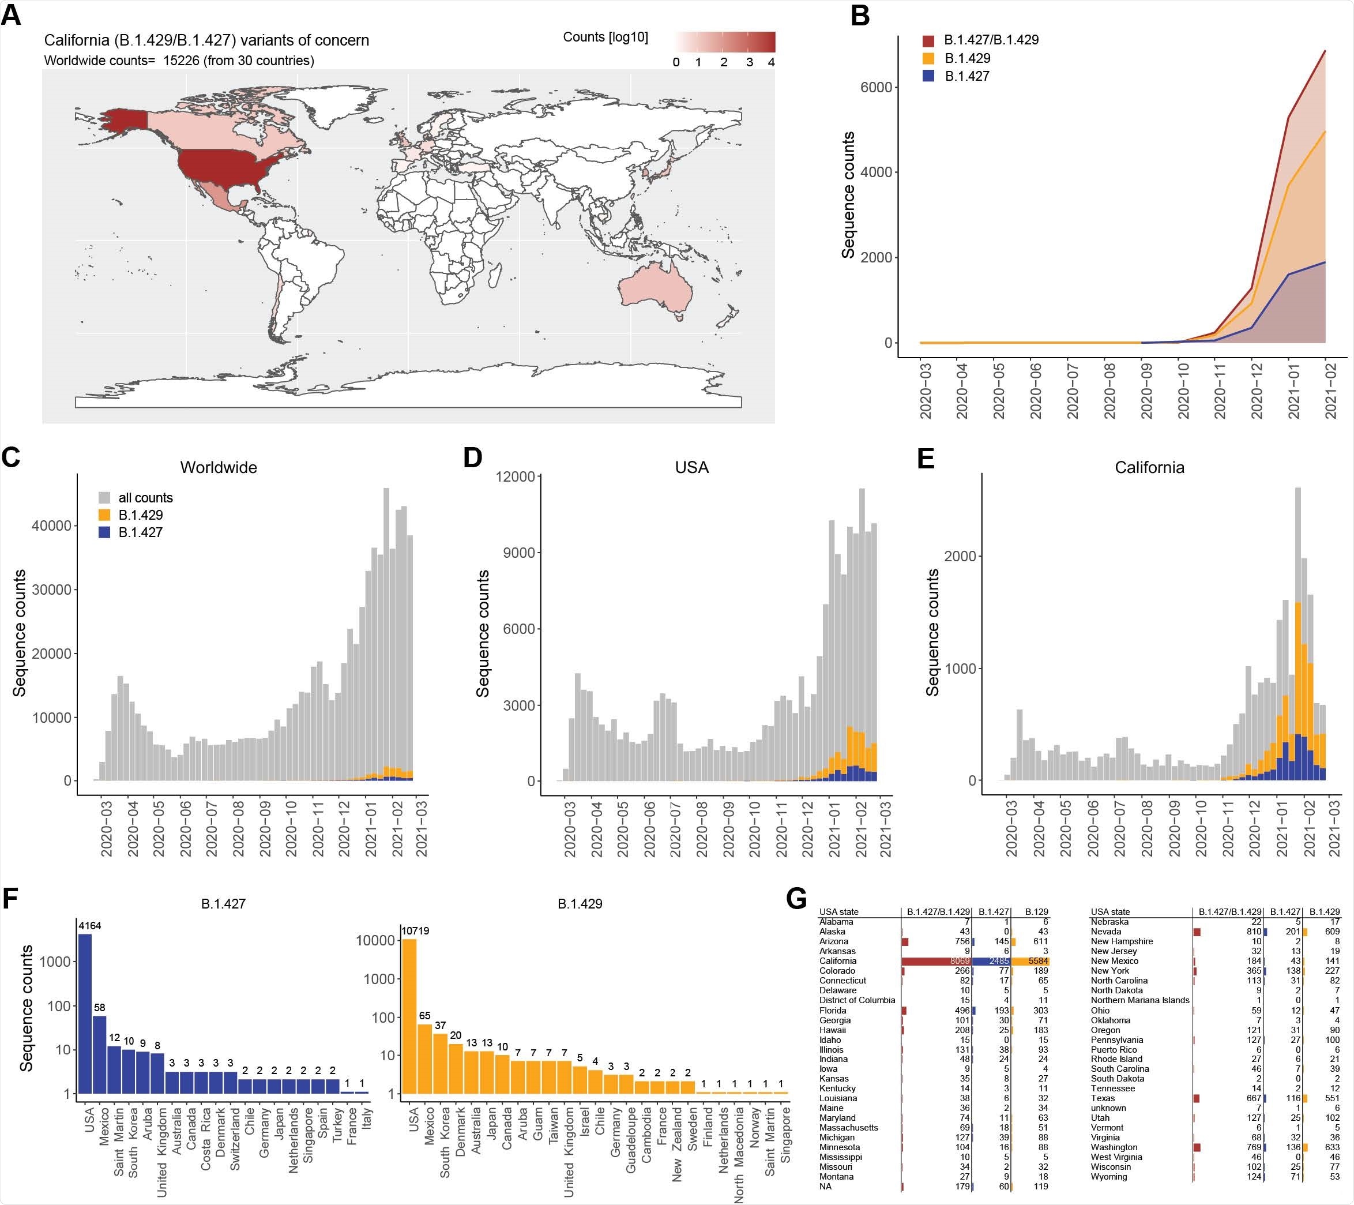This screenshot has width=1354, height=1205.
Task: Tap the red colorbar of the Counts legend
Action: click(x=725, y=42)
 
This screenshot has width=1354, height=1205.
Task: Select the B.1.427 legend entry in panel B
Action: click(x=966, y=76)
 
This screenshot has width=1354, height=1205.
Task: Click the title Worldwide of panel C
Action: click(x=219, y=467)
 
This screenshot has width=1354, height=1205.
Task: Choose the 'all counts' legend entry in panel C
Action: click(x=145, y=497)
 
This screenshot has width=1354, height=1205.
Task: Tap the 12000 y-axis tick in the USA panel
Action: click(x=516, y=477)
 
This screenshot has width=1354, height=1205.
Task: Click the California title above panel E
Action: click(x=1149, y=467)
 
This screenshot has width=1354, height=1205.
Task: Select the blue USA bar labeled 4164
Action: click(x=85, y=1013)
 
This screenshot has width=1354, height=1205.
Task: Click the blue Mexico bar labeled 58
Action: click(x=99, y=1054)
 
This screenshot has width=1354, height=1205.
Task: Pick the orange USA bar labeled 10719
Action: click(x=410, y=1016)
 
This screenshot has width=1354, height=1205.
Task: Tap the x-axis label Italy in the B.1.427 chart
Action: click(x=367, y=1119)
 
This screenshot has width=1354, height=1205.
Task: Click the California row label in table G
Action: click(x=837, y=960)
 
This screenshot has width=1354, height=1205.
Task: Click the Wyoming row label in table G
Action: click(x=1108, y=1177)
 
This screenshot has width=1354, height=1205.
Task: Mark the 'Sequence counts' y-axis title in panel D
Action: click(x=483, y=633)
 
